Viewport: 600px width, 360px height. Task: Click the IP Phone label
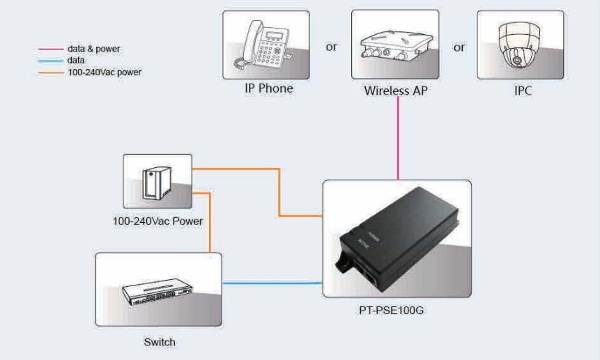coord(268,88)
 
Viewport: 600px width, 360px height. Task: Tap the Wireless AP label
coord(395,91)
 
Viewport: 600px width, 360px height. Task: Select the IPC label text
coord(523,91)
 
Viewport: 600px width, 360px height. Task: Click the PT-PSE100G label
coord(391,310)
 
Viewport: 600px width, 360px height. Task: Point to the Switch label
coord(160,342)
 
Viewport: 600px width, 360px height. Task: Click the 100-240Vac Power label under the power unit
coord(157,221)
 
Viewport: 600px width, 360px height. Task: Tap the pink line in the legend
coord(50,49)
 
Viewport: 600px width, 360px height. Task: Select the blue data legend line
coord(50,61)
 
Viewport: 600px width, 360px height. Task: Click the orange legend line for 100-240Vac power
coord(50,72)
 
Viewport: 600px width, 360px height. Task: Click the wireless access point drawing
coord(397,47)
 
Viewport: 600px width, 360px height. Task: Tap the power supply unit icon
coord(157,183)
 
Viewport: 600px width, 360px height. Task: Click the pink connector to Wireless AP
coord(398,138)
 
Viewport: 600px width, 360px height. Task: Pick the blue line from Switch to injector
coord(272,283)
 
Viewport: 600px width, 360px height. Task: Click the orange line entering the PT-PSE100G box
coord(279,192)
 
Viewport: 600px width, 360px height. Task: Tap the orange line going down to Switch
coord(210,222)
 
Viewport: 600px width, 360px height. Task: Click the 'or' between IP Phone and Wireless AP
coord(332,47)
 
